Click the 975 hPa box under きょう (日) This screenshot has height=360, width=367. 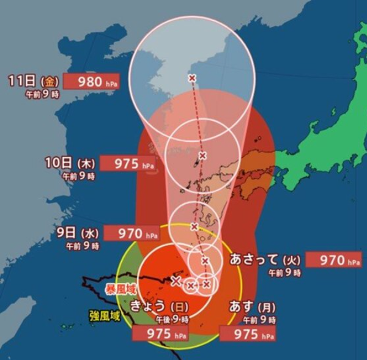158,334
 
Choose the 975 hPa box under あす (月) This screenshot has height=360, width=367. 247,334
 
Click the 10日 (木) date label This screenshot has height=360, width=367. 69,164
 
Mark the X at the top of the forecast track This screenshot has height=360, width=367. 192,78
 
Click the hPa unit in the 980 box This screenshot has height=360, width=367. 112,83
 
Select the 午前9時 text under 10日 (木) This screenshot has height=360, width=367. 78,176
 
